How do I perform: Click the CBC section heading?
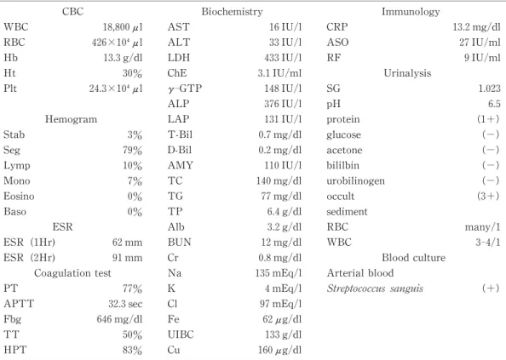(x=72, y=12)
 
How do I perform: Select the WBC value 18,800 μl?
(x=123, y=27)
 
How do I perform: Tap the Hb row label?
(x=11, y=58)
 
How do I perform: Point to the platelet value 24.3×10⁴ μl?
(x=116, y=89)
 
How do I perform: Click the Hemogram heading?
(x=71, y=119)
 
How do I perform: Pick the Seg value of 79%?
(x=132, y=150)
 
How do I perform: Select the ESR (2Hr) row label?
(x=29, y=258)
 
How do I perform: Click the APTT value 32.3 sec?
(x=125, y=304)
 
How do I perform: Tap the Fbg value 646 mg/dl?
(x=119, y=319)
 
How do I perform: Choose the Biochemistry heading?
(x=232, y=12)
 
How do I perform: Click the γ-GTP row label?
(x=185, y=89)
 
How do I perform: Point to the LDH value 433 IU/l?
(x=283, y=58)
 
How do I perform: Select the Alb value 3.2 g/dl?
(x=285, y=227)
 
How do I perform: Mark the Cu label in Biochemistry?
(x=174, y=350)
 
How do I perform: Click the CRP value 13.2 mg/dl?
(x=476, y=27)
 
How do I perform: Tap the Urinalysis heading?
(x=407, y=73)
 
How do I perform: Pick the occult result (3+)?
(x=488, y=197)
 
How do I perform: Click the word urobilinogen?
(x=355, y=181)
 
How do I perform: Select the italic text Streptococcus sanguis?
(x=375, y=289)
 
